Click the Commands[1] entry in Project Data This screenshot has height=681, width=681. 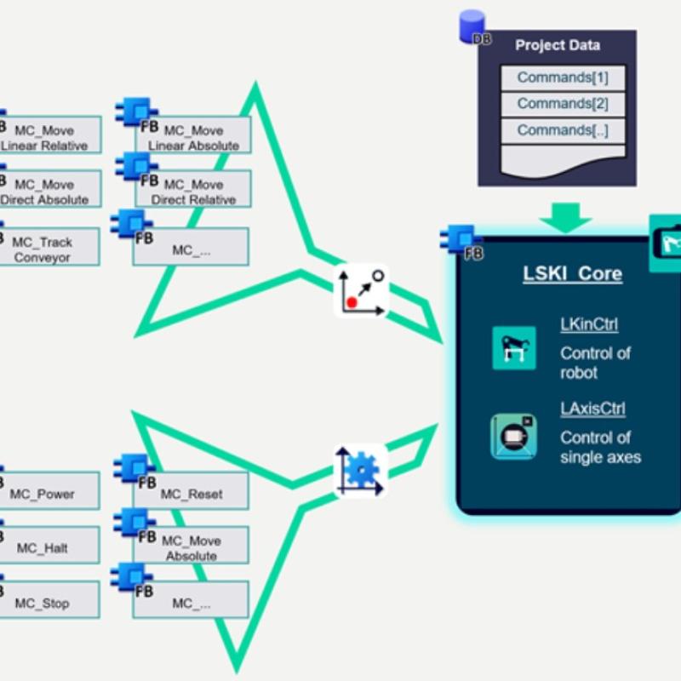tap(563, 77)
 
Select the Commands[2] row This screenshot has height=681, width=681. tap(563, 104)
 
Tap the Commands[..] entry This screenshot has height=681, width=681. tap(563, 130)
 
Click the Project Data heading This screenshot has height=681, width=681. tap(558, 46)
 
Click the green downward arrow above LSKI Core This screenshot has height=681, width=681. tap(565, 218)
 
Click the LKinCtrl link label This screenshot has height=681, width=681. tap(589, 324)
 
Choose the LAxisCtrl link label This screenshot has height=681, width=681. tap(592, 409)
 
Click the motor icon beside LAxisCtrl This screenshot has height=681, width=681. tap(514, 436)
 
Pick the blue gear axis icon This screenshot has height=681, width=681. tap(360, 471)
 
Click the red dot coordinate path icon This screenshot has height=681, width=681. tap(362, 290)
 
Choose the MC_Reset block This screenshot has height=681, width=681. tap(192, 494)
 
